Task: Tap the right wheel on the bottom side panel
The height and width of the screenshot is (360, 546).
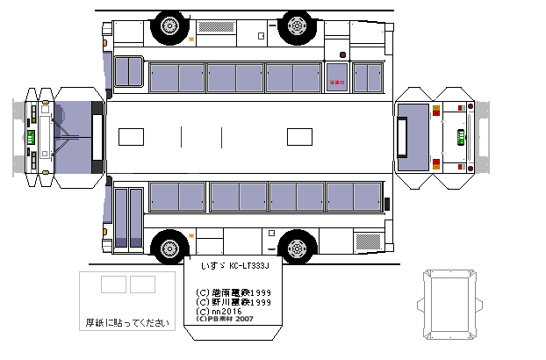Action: [297, 248]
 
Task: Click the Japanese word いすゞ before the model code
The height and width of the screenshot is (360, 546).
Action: [212, 265]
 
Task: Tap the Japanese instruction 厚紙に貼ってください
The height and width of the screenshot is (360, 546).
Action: [126, 323]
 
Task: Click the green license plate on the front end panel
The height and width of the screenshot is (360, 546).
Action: [31, 137]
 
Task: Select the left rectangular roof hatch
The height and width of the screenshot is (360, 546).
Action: [131, 136]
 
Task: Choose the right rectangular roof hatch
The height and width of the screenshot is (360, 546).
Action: [300, 136]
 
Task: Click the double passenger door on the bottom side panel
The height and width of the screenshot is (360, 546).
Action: [128, 217]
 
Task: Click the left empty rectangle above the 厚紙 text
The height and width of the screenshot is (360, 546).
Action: [113, 284]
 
